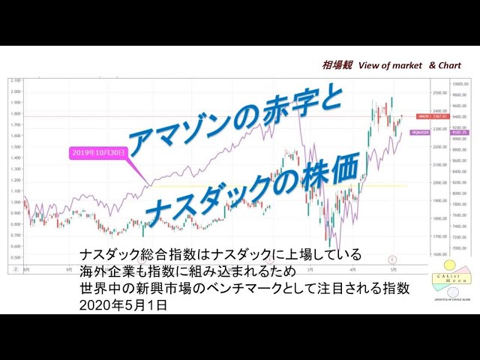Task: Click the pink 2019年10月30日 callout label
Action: (x=99, y=152)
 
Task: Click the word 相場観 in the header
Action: (x=334, y=66)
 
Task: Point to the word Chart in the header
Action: (x=449, y=66)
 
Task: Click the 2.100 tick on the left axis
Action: (x=15, y=80)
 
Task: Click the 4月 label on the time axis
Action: (x=352, y=268)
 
